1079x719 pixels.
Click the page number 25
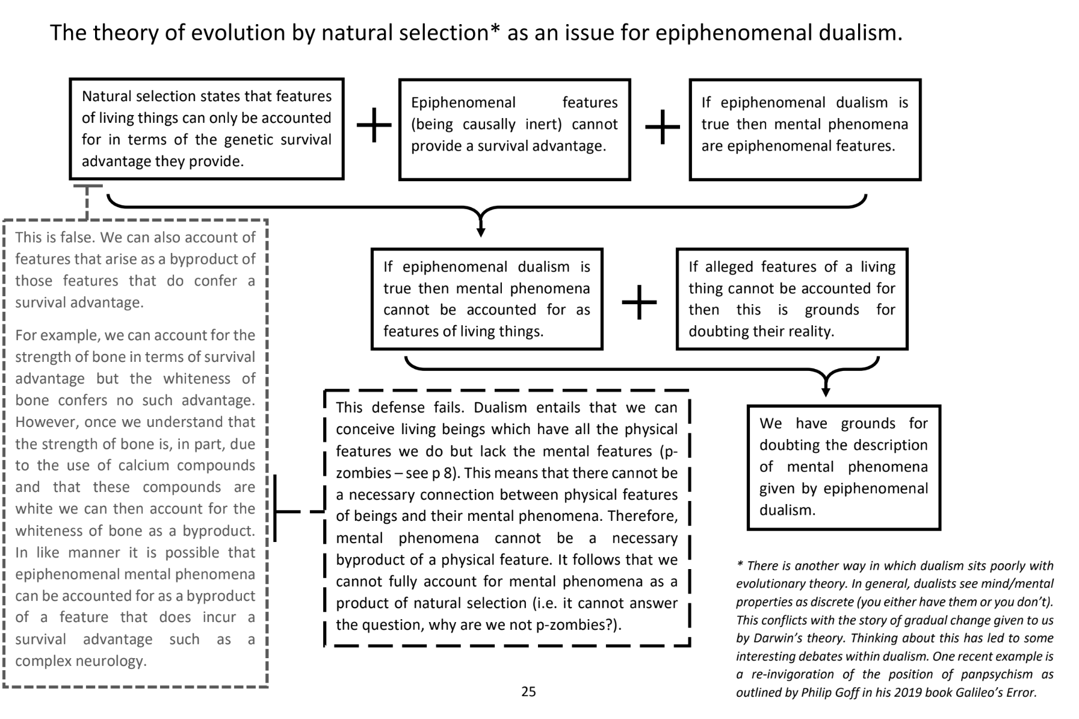tap(528, 692)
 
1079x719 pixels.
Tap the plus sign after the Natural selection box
tap(374, 126)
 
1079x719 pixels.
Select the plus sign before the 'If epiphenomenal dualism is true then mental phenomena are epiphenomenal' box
tap(662, 126)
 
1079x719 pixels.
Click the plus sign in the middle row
tap(639, 302)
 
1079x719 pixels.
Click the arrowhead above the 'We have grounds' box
tap(826, 391)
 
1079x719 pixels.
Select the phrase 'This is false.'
tap(55, 237)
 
